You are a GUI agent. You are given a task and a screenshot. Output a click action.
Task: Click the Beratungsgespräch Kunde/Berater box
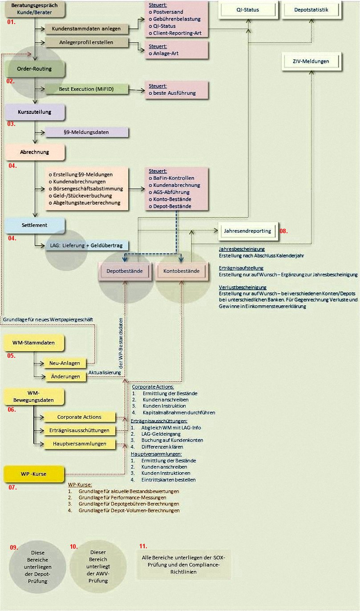click(35, 9)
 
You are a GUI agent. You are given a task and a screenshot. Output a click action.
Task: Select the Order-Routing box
click(34, 69)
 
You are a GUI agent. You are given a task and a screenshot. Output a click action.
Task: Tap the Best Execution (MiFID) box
click(86, 89)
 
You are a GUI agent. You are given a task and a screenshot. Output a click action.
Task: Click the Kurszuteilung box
click(35, 112)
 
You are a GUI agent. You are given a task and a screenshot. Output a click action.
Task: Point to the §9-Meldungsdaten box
click(86, 132)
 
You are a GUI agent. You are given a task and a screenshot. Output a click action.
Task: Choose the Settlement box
click(35, 225)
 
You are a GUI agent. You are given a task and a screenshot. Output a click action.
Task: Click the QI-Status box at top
click(248, 10)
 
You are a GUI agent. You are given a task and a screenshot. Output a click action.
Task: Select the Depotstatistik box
click(311, 10)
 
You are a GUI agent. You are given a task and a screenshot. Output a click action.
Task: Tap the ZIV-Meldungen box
click(311, 61)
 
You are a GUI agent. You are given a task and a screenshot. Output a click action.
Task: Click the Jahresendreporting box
click(248, 231)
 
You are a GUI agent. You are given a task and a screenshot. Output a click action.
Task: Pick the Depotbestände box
click(125, 271)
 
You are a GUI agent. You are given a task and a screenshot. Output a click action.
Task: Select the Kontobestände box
click(184, 271)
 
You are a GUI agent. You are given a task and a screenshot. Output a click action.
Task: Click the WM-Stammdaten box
click(35, 343)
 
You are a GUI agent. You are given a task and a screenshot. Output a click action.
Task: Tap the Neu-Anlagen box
click(65, 363)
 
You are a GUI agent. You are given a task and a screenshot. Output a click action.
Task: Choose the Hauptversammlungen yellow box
click(80, 444)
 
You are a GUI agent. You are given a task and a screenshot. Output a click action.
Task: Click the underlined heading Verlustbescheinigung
click(243, 287)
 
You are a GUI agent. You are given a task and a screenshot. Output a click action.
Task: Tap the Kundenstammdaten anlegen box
click(86, 29)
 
